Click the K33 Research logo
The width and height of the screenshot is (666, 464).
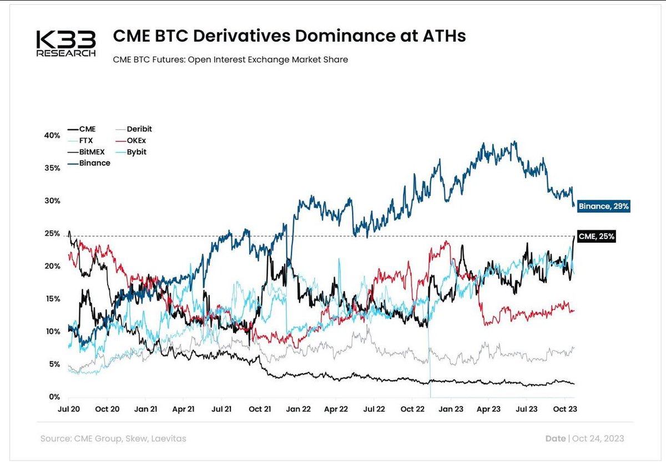pyautogui.click(x=66, y=44)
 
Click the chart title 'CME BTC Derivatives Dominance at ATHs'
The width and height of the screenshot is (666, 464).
pyautogui.click(x=289, y=37)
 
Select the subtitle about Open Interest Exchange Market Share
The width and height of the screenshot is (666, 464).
pyautogui.click(x=230, y=59)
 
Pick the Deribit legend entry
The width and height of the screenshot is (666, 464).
pyautogui.click(x=139, y=129)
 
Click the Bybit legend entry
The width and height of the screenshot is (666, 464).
pyautogui.click(x=137, y=151)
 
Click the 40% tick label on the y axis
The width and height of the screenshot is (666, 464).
pyautogui.click(x=52, y=135)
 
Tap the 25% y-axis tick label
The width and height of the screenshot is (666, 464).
pyautogui.click(x=52, y=233)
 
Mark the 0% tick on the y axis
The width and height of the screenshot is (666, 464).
pyautogui.click(x=54, y=397)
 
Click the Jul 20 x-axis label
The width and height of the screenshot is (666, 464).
pyautogui.click(x=69, y=410)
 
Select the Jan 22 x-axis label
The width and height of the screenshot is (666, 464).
pyautogui.click(x=298, y=410)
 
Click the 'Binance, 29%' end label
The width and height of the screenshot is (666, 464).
pyautogui.click(x=603, y=206)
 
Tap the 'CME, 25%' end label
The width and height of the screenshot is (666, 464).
pyautogui.click(x=596, y=237)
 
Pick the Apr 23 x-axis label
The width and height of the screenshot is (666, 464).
pyautogui.click(x=488, y=410)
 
